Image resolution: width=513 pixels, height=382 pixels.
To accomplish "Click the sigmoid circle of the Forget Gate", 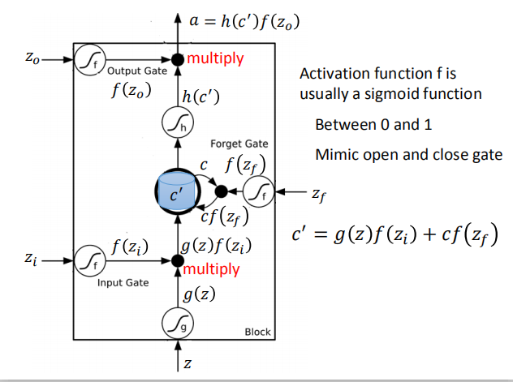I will [259, 192].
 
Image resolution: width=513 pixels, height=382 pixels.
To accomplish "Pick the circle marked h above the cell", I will [176, 123].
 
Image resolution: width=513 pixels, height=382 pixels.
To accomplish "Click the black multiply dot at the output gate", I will [176, 59].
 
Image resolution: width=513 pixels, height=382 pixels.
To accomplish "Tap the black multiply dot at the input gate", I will [176, 261].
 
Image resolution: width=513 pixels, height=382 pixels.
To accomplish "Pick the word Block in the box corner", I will [258, 333].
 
